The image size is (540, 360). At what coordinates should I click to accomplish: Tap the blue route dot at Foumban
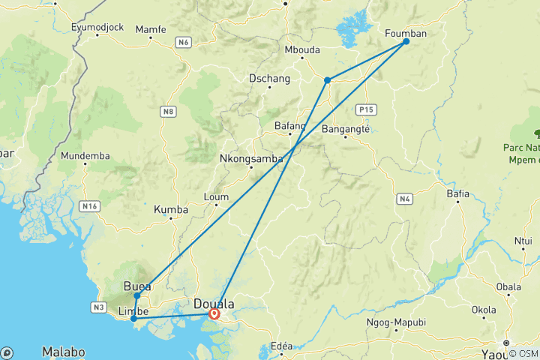click(406, 41)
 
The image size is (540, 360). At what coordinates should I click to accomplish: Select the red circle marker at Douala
click(214, 314)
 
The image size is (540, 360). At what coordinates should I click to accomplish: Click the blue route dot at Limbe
click(133, 319)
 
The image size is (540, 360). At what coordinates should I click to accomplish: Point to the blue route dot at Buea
click(137, 295)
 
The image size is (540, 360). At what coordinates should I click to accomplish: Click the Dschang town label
click(268, 77)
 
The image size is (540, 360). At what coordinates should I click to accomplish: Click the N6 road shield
click(184, 43)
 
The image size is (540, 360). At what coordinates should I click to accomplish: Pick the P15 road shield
click(365, 109)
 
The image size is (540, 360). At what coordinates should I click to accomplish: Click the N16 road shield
click(89, 205)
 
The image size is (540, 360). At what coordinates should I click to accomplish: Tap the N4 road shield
click(405, 199)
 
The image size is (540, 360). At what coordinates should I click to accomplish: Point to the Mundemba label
click(85, 156)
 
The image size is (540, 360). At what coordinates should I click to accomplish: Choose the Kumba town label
click(170, 209)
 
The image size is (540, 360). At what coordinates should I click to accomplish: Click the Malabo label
click(63, 351)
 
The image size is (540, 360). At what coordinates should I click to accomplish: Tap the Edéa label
click(281, 346)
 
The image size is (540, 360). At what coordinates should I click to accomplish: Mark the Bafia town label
click(457, 193)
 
